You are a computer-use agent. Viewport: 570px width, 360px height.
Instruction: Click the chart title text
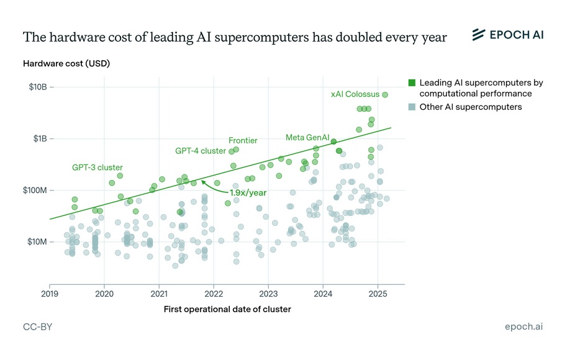(x=235, y=37)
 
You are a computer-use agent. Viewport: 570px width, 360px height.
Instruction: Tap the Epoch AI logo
(x=507, y=35)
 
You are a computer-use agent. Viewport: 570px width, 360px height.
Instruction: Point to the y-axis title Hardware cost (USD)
(x=66, y=64)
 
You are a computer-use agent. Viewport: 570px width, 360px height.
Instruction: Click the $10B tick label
(x=38, y=87)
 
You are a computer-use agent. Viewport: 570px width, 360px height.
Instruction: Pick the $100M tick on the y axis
(x=37, y=190)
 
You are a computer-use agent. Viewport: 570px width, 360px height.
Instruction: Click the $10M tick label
(x=38, y=241)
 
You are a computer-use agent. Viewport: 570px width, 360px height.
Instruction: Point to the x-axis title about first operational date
(x=227, y=309)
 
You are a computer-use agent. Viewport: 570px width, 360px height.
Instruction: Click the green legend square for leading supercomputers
(x=412, y=83)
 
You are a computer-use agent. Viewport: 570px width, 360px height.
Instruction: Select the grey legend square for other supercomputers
(x=412, y=107)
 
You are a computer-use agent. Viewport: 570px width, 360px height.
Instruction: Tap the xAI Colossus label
(x=354, y=94)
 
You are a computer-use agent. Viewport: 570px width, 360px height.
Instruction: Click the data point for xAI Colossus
(x=385, y=95)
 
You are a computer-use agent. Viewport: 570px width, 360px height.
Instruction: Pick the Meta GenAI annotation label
(x=307, y=137)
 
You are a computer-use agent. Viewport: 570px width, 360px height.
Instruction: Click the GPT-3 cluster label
(x=97, y=168)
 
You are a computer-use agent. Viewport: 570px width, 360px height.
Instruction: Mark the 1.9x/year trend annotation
(x=245, y=192)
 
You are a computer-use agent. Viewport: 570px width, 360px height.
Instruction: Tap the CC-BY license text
(x=37, y=326)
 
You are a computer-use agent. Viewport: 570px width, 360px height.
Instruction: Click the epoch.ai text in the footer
(x=524, y=326)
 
